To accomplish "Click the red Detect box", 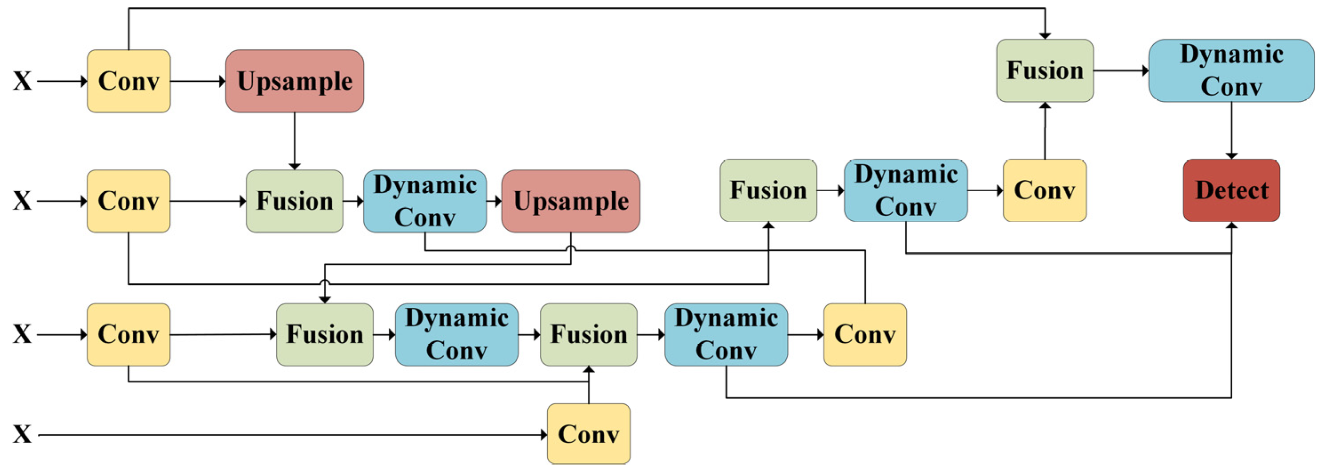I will (1231, 191).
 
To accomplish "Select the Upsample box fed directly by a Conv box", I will (295, 81).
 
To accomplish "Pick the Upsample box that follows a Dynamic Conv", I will (571, 201).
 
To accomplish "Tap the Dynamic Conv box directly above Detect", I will (1231, 71).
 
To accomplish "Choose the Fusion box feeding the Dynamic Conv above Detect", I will (1045, 71).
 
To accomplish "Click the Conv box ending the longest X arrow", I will (589, 434).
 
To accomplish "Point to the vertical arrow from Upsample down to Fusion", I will (295, 141).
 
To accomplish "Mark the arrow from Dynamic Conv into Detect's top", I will (1231, 131).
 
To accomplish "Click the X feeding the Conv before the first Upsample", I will (22, 81).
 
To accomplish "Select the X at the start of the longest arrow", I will (22, 434).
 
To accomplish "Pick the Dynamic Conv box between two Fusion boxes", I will (456, 334).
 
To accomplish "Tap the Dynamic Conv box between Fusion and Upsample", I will (425, 201).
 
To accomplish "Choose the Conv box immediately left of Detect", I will (1044, 191).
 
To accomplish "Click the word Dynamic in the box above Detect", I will (1232, 54).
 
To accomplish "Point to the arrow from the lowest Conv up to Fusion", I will (589, 386).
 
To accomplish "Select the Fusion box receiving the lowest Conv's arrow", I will (589, 334).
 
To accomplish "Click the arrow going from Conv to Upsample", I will (198, 81).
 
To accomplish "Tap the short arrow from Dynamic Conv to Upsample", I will (494, 201).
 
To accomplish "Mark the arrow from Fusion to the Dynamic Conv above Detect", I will (1121, 71).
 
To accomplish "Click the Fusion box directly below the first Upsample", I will (295, 201).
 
